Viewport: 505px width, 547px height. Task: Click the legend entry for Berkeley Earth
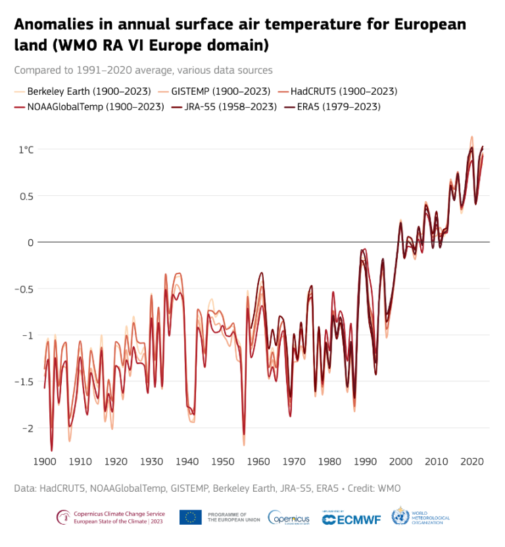(89, 91)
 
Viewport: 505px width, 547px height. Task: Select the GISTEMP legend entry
(220, 91)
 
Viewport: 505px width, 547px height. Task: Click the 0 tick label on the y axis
(30, 243)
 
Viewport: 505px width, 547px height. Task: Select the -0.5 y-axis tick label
(25, 289)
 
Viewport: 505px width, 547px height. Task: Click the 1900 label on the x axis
(45, 462)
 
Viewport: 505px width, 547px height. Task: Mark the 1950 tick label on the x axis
(223, 462)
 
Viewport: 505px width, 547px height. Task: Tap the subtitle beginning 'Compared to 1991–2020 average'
(143, 70)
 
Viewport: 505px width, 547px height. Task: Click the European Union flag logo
(191, 517)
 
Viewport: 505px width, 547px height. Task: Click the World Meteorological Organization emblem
(400, 517)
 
